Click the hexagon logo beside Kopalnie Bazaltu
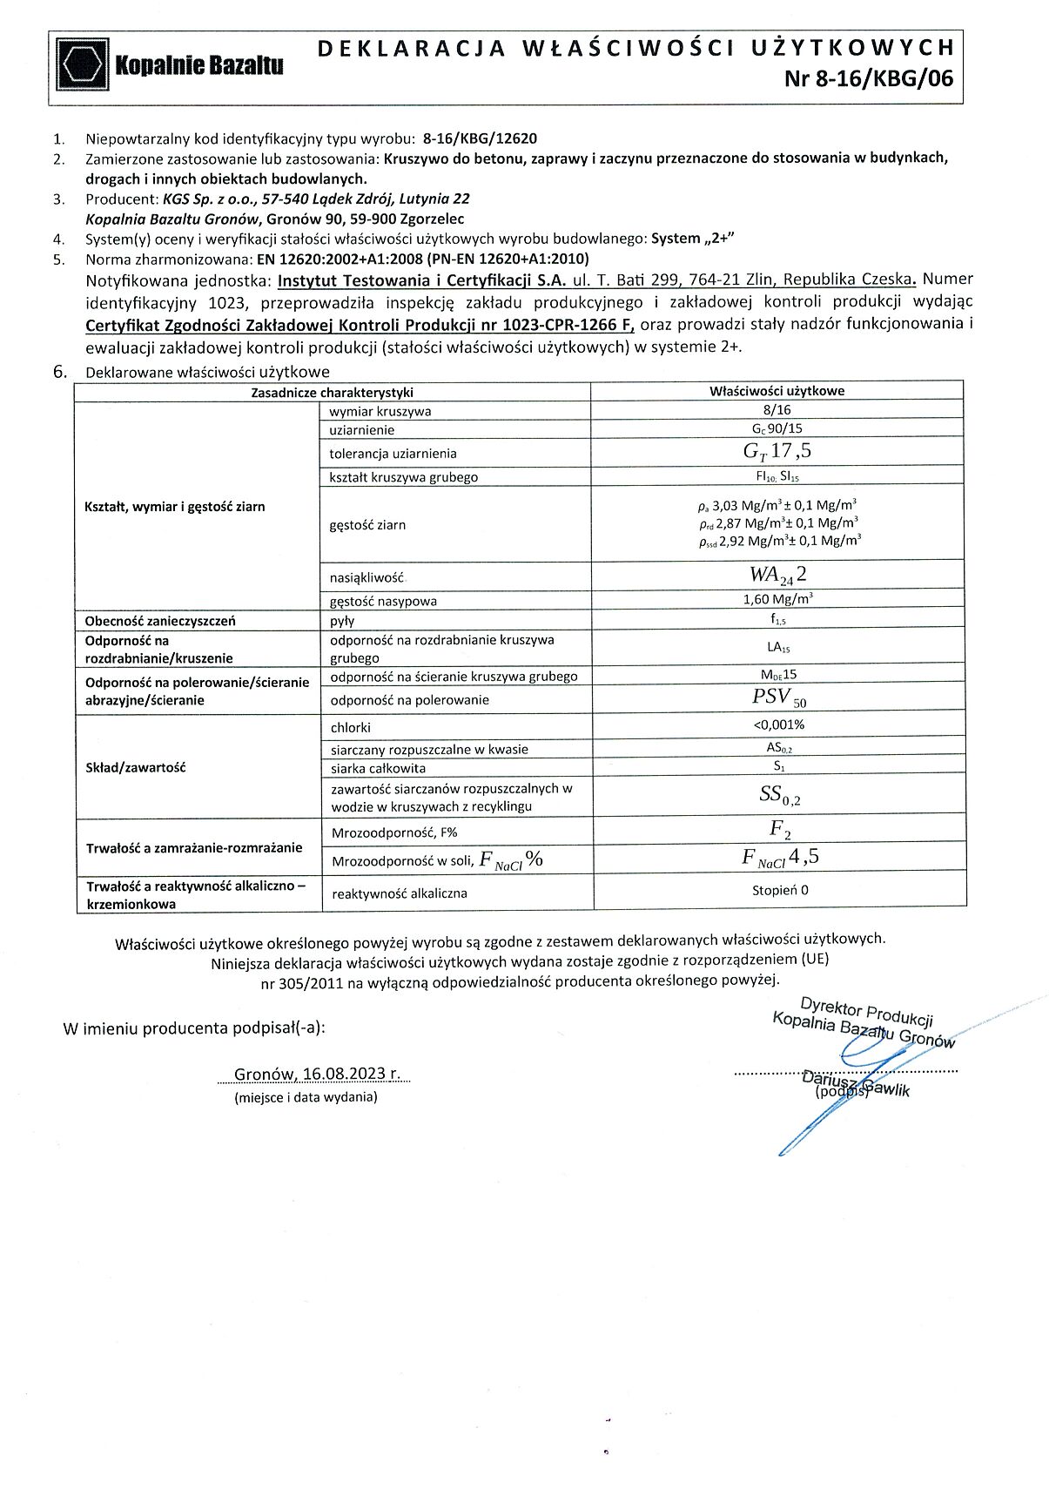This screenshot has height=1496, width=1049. pyautogui.click(x=83, y=64)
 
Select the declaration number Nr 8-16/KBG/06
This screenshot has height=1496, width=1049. pyautogui.click(x=868, y=79)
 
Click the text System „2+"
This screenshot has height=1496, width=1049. pyautogui.click(x=698, y=239)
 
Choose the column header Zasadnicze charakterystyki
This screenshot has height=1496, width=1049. pyautogui.click(x=332, y=393)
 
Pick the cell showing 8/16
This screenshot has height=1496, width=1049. pyautogui.click(x=777, y=410)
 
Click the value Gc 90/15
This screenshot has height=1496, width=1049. pyautogui.click(x=777, y=429)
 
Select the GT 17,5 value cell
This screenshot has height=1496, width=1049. pyautogui.click(x=777, y=452)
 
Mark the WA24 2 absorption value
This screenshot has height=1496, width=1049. pyautogui.click(x=777, y=575)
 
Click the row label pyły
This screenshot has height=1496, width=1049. pyautogui.click(x=342, y=621)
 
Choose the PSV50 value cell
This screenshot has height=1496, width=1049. pyautogui.click(x=778, y=697)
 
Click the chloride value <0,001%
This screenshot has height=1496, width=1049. pyautogui.click(x=778, y=724)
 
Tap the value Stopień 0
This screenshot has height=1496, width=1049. pyautogui.click(x=780, y=890)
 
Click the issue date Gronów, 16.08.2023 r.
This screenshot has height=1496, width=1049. pyautogui.click(x=318, y=1074)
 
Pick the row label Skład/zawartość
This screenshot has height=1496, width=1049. pyautogui.click(x=135, y=767)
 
